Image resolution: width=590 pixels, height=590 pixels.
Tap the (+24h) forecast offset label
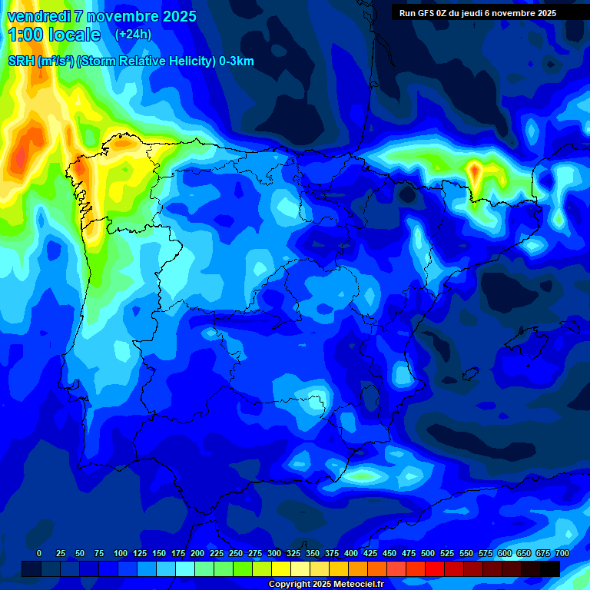(x=133, y=35)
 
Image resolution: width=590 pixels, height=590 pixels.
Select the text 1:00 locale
(x=54, y=35)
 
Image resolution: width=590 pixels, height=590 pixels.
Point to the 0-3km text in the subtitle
(x=236, y=61)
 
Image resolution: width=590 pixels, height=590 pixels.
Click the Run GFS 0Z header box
(x=478, y=13)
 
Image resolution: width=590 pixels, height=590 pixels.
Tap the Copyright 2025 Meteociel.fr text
(x=326, y=585)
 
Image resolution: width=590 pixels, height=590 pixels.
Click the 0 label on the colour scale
(x=39, y=553)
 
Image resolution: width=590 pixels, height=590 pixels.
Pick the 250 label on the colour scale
(x=236, y=553)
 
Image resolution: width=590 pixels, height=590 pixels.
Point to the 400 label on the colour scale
(x=351, y=553)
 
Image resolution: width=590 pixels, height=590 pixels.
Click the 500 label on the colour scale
(x=428, y=553)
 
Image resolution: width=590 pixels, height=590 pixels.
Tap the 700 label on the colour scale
(x=562, y=553)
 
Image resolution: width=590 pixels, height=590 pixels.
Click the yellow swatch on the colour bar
(x=281, y=568)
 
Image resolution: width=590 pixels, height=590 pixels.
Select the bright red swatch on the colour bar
(x=435, y=568)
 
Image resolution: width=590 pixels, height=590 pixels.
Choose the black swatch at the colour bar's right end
(x=550, y=568)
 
